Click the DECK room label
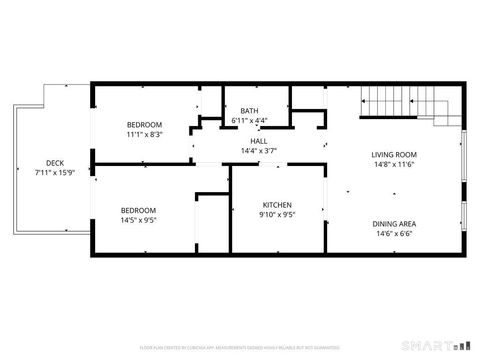click(x=54, y=163)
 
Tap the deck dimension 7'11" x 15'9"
click(x=54, y=172)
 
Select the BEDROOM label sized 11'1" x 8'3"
click(x=144, y=124)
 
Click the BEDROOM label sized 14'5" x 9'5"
click(x=139, y=211)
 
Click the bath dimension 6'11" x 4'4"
click(x=248, y=121)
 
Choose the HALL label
click(x=258, y=142)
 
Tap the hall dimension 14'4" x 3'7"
click(x=258, y=151)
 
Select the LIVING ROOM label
click(x=393, y=155)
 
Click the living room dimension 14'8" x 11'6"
click(x=393, y=164)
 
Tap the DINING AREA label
click(x=393, y=223)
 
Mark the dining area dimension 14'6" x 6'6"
click(x=393, y=232)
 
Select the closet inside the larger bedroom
click(x=211, y=222)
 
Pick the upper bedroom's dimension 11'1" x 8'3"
click(x=144, y=133)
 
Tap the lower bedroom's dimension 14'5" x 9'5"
click(x=139, y=220)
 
